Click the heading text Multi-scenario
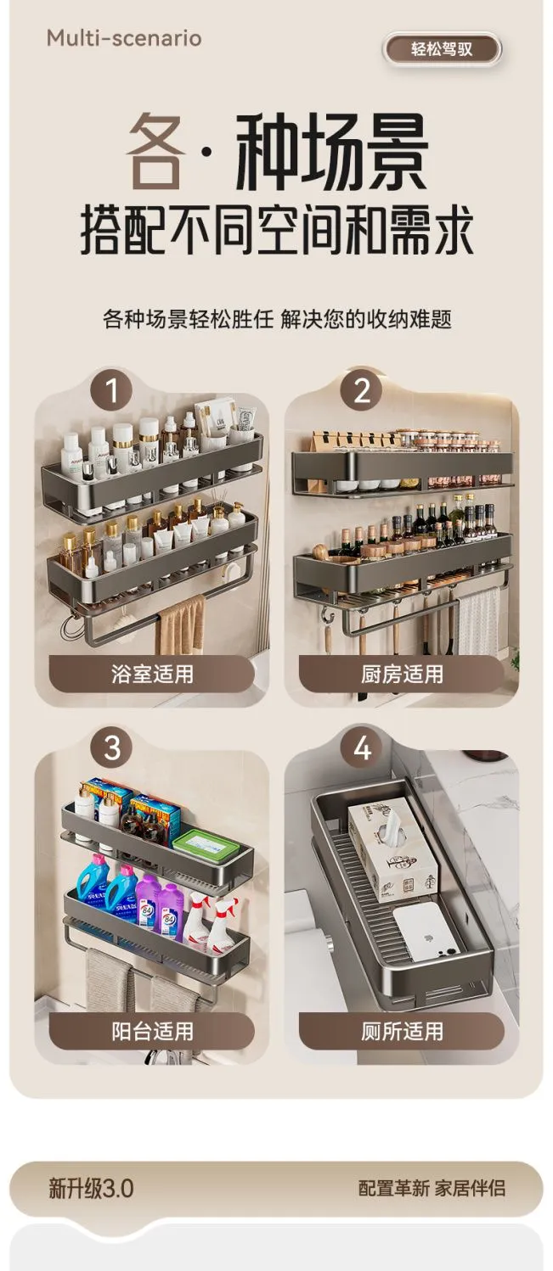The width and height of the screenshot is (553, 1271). [124, 38]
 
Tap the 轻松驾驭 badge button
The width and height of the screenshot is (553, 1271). [442, 49]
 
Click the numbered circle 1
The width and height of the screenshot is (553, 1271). [111, 390]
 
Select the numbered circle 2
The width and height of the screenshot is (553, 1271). [362, 390]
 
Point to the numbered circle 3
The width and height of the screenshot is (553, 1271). [112, 747]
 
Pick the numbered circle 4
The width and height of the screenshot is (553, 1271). [362, 747]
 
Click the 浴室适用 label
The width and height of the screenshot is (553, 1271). [152, 674]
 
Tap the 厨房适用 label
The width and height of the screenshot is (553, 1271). [402, 674]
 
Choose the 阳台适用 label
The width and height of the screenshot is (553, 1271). [152, 1031]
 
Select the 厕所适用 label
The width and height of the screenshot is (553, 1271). [402, 1031]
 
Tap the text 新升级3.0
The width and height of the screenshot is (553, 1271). [91, 1188]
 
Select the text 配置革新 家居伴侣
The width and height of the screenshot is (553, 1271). [432, 1188]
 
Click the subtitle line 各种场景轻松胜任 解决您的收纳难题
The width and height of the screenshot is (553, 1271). [277, 319]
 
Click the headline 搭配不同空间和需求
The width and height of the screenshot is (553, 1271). [277, 231]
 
